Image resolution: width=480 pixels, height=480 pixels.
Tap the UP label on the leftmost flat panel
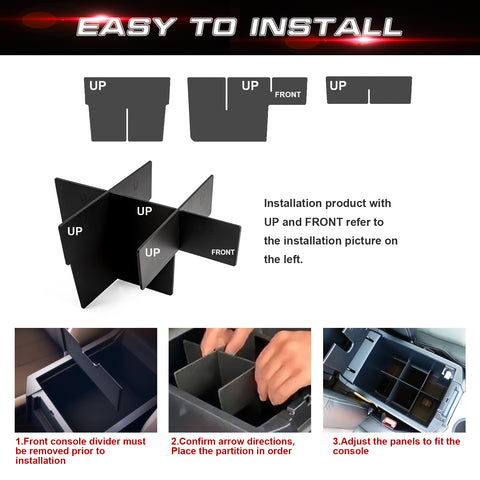97,86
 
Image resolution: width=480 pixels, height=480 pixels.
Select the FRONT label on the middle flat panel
287,94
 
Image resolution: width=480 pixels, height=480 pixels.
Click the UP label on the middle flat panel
249,86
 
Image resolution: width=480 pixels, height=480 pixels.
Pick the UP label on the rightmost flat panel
338,86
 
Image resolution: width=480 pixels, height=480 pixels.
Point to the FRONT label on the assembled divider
223,252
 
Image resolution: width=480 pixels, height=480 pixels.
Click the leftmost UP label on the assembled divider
75,231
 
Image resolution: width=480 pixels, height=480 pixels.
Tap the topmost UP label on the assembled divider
144,211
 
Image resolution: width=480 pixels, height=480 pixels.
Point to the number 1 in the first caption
18,441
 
